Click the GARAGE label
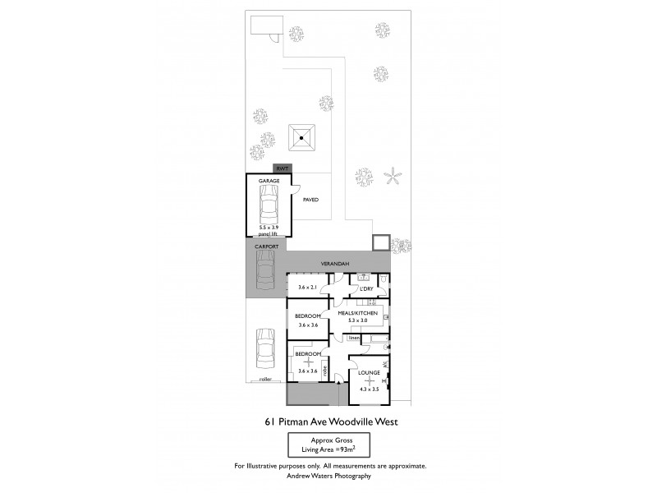point(269,180)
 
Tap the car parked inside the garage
point(269,206)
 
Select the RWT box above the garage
point(282,168)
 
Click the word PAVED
point(310,200)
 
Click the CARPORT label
point(266,246)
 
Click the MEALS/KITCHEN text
point(357,313)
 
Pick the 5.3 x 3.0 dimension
point(357,321)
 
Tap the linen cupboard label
point(354,338)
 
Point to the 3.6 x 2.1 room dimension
point(308,287)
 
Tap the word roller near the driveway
point(264,380)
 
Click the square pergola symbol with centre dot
point(302,138)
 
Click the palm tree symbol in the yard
point(394,177)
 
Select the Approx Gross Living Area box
point(328,446)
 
